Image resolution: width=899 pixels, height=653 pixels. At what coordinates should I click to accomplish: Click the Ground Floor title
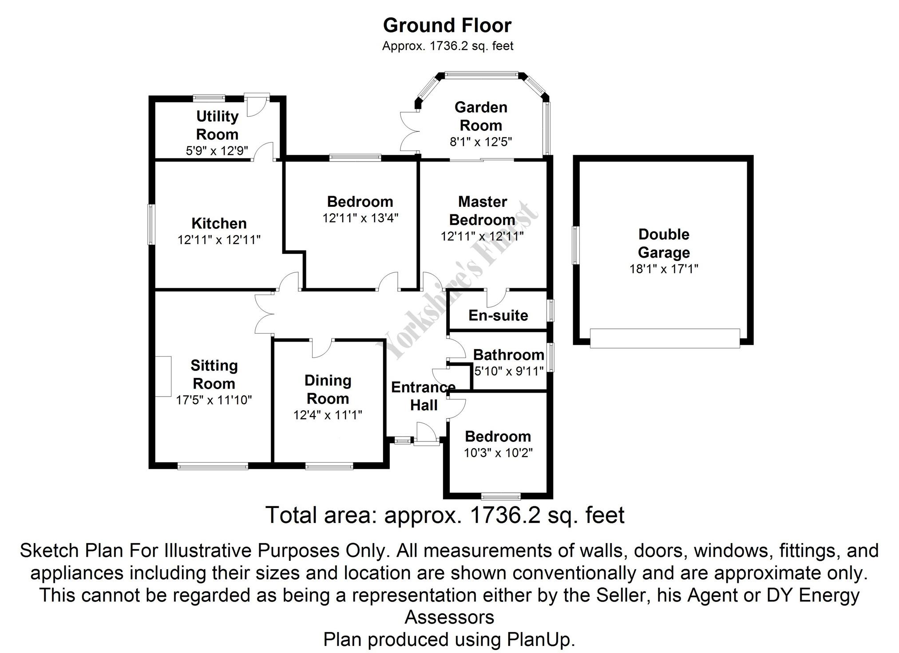pyautogui.click(x=447, y=26)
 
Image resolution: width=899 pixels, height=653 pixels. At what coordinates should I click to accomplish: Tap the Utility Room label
pyautogui.click(x=217, y=125)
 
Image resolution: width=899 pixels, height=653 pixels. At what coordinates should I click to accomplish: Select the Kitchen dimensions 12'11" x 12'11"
pyautogui.click(x=219, y=240)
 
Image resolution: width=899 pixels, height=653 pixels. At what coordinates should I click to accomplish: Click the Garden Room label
pyautogui.click(x=481, y=116)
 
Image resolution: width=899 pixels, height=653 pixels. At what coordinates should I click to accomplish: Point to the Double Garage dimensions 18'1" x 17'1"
pyautogui.click(x=664, y=269)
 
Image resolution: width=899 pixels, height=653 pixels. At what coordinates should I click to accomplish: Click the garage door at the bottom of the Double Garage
pyautogui.click(x=665, y=338)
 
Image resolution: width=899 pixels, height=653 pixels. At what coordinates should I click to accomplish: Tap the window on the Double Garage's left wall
pyautogui.click(x=575, y=245)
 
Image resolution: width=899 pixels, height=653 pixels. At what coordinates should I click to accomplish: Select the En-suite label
pyautogui.click(x=498, y=315)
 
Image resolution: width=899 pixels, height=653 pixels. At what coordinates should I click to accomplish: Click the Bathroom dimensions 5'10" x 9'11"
pyautogui.click(x=509, y=371)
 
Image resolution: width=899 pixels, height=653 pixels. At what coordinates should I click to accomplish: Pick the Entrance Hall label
pyautogui.click(x=423, y=396)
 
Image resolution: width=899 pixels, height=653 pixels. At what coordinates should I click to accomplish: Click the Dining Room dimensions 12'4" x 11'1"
pyautogui.click(x=328, y=415)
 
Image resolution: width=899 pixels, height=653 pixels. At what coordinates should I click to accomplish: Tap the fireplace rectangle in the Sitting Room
pyautogui.click(x=163, y=376)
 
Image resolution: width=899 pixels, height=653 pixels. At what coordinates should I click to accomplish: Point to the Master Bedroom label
pyautogui.click(x=482, y=211)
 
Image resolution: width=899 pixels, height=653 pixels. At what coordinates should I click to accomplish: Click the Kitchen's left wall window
pyautogui.click(x=151, y=224)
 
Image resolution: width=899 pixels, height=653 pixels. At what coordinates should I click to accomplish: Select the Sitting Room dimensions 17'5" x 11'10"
pyautogui.click(x=214, y=400)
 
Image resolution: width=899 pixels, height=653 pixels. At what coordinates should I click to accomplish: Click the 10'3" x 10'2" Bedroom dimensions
pyautogui.click(x=498, y=453)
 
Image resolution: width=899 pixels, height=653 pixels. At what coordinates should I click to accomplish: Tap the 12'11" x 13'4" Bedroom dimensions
pyautogui.click(x=360, y=218)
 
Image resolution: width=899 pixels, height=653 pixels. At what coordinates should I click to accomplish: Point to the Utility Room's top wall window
pyautogui.click(x=209, y=98)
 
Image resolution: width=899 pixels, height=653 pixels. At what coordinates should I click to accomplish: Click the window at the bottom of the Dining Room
pyautogui.click(x=329, y=465)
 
